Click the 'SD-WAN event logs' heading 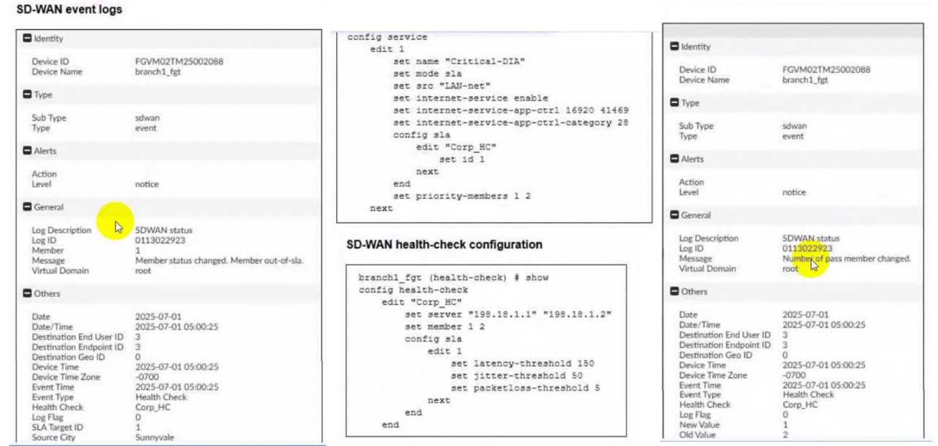pos(69,10)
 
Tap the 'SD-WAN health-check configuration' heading pos(444,244)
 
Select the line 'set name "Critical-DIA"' pos(459,61)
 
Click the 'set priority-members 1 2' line pos(462,196)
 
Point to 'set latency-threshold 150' pos(522,363)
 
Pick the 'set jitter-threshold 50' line pos(516,376)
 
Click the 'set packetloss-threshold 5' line pos(525,388)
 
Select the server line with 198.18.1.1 pos(508,314)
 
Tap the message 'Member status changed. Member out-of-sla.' pos(219,260)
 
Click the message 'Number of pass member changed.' pos(846,259)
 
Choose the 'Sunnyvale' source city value pos(155,437)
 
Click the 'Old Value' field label pos(697,435)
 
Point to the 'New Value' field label pos(699,425)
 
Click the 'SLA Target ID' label pos(58,427)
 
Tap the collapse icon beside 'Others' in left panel pos(27,293)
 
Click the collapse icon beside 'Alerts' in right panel pos(674,159)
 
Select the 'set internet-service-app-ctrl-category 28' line pos(511,122)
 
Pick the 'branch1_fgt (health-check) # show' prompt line pos(454,278)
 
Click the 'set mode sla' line pos(427,73)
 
